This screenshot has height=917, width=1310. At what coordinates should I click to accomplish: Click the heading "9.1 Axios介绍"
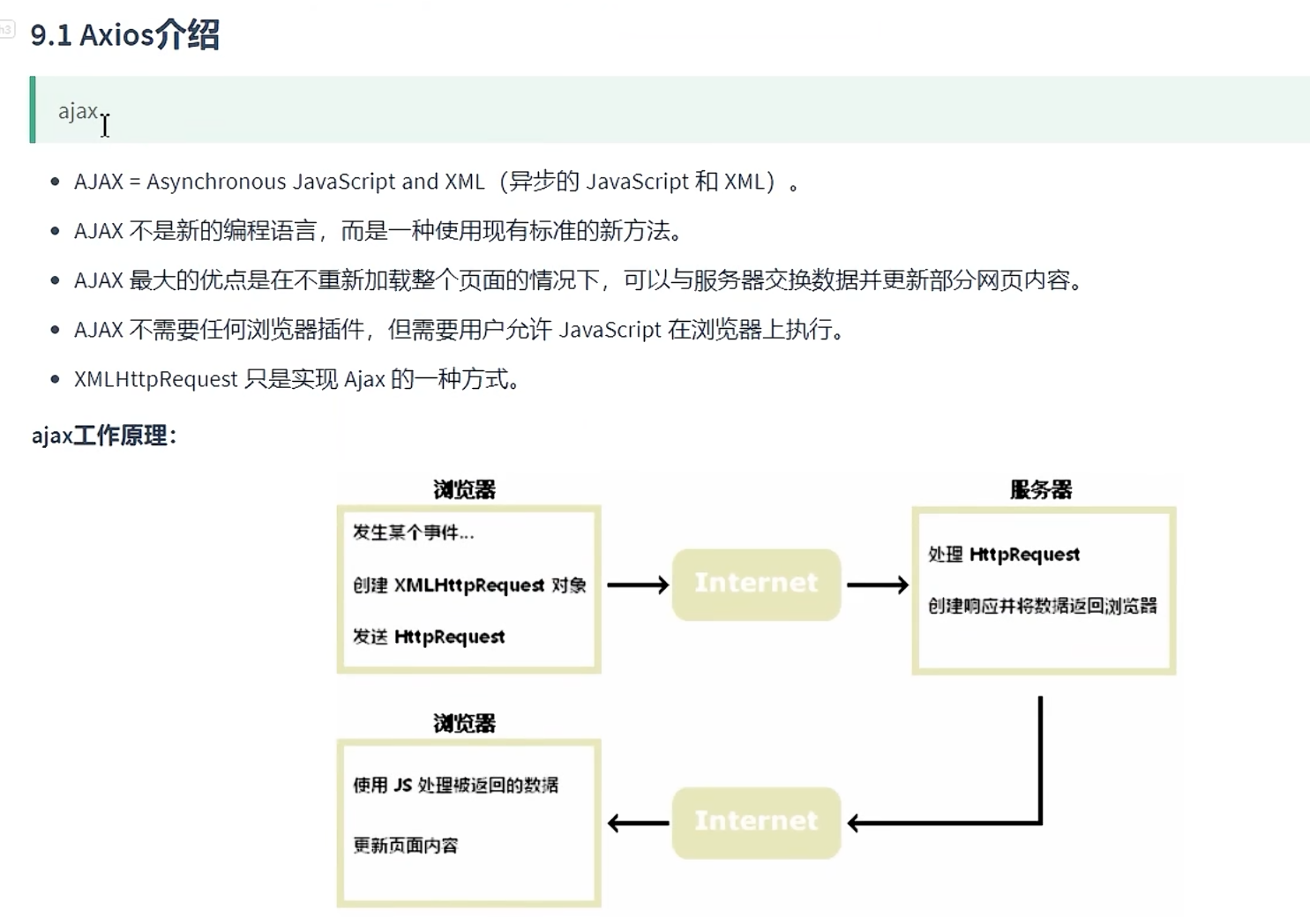pyautogui.click(x=124, y=35)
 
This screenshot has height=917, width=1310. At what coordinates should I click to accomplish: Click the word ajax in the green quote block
pyautogui.click(x=78, y=111)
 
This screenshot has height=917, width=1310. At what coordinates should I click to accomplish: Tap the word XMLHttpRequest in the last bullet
pyautogui.click(x=155, y=379)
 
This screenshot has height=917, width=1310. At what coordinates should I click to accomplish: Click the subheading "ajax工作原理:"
pyautogui.click(x=104, y=436)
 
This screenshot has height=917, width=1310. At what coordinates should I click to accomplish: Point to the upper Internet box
pyautogui.click(x=756, y=584)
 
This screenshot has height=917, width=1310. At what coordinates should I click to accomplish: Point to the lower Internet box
pyautogui.click(x=756, y=822)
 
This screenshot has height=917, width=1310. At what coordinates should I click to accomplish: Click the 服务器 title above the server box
pyautogui.click(x=1041, y=490)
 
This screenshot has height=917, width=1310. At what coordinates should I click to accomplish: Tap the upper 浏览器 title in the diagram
pyautogui.click(x=464, y=490)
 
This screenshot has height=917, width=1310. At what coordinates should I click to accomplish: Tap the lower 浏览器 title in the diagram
pyautogui.click(x=464, y=724)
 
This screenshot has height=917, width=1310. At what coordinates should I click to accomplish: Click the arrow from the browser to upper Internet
pyautogui.click(x=637, y=585)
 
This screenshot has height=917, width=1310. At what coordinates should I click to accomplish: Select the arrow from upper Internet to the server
pyautogui.click(x=877, y=585)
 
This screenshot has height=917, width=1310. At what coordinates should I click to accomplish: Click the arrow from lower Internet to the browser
pyautogui.click(x=637, y=824)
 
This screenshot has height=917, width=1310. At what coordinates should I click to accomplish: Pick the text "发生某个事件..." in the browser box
pyautogui.click(x=413, y=533)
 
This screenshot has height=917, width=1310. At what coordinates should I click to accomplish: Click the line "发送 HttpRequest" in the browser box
pyautogui.click(x=429, y=637)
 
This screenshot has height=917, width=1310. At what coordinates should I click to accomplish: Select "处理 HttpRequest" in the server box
pyautogui.click(x=1004, y=555)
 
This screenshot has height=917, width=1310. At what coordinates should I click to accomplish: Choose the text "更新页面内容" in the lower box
pyautogui.click(x=406, y=846)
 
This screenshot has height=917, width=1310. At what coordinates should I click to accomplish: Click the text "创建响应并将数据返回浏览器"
pyautogui.click(x=1042, y=606)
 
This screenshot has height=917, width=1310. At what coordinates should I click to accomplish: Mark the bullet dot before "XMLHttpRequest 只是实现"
pyautogui.click(x=56, y=379)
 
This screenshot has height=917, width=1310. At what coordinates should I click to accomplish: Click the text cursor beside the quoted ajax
pyautogui.click(x=105, y=125)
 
